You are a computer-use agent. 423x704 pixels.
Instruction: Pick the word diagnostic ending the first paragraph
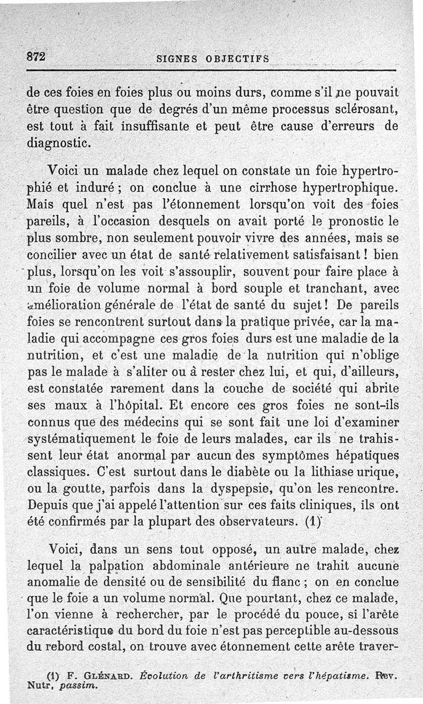pos(59,143)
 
